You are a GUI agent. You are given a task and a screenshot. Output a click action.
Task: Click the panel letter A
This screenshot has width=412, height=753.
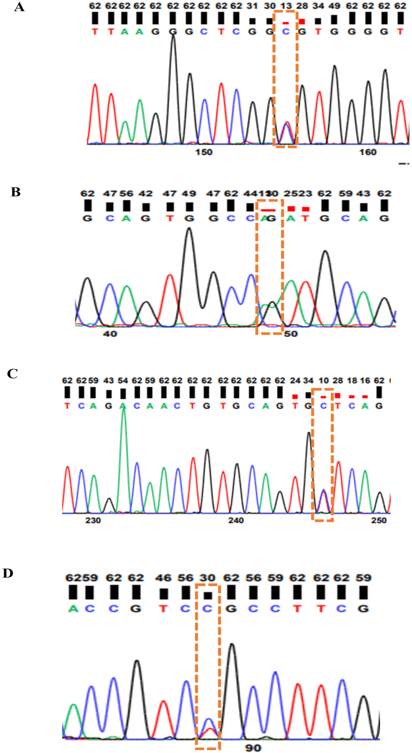point(19,7)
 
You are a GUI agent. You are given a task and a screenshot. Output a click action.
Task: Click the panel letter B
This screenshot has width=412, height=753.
point(15,192)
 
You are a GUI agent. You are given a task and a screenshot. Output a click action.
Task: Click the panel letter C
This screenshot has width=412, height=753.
point(12,374)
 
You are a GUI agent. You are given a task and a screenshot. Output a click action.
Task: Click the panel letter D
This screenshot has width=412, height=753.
point(8,573)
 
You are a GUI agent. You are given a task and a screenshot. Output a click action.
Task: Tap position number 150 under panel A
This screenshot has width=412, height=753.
point(203,152)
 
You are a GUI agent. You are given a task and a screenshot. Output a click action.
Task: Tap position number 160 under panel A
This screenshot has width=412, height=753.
point(368,152)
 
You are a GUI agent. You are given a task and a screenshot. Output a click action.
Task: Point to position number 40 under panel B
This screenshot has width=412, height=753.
point(110,334)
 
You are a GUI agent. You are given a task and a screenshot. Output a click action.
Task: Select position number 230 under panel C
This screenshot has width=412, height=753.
point(93,520)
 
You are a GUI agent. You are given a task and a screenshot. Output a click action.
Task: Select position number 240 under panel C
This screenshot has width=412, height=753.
point(236,520)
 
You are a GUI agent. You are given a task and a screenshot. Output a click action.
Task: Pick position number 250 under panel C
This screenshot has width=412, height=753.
point(379,520)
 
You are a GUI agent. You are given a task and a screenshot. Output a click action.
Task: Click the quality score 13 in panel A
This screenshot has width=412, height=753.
point(286,6)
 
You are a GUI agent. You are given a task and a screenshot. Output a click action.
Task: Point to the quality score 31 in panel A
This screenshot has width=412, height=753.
point(252,6)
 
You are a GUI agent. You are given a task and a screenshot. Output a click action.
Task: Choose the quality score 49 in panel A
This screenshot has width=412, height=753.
point(334,6)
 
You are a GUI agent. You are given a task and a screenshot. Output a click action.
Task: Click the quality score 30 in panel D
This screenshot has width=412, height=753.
point(207,578)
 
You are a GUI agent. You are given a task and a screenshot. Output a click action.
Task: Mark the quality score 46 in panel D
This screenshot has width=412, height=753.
point(163,578)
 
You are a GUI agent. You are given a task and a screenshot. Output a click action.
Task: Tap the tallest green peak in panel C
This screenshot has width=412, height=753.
point(123,410)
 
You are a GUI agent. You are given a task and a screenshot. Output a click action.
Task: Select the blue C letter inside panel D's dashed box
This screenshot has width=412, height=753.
point(207,609)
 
